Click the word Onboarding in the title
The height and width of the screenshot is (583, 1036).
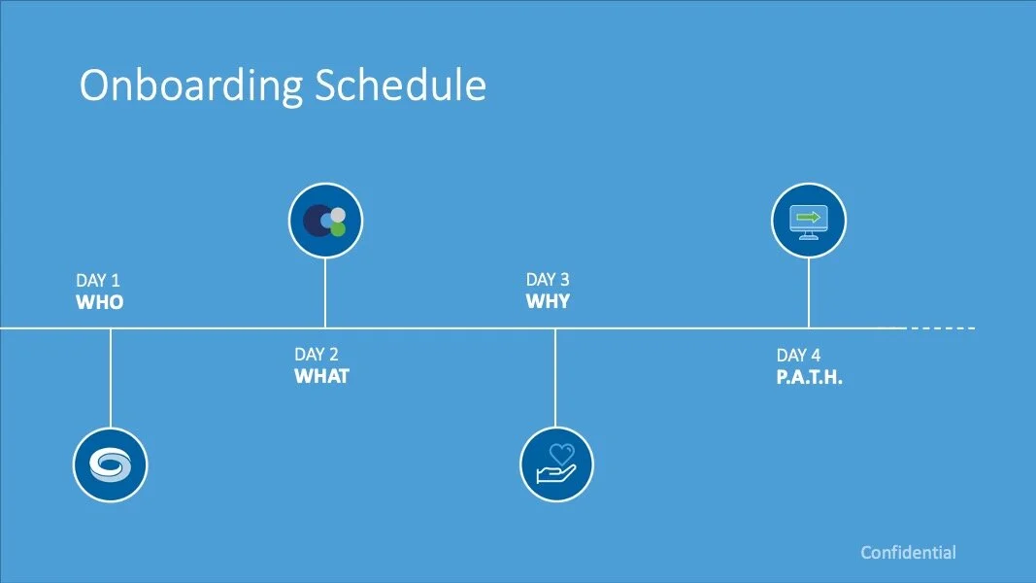[191, 86]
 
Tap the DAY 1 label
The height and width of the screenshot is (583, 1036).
[98, 280]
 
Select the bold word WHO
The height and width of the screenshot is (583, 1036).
[100, 302]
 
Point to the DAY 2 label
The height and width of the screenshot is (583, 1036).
[317, 355]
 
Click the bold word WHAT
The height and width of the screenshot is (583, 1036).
[321, 376]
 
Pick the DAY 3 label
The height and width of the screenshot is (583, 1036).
[548, 280]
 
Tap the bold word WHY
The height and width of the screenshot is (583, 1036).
[548, 301]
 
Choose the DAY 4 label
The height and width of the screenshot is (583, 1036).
[798, 356]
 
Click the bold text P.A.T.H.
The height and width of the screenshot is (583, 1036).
[810, 377]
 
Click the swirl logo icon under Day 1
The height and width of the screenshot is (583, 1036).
[111, 464]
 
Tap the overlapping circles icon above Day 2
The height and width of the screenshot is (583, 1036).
[325, 221]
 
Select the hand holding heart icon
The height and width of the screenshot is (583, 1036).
[556, 464]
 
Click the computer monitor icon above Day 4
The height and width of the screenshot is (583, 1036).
[809, 221]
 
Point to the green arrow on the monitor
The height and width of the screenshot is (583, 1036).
[809, 217]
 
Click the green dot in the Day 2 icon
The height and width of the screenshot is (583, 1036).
[338, 229]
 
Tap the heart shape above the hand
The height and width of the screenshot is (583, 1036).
[561, 454]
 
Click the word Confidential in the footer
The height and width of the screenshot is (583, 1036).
[909, 553]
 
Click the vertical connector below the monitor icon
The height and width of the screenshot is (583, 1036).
[809, 292]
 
